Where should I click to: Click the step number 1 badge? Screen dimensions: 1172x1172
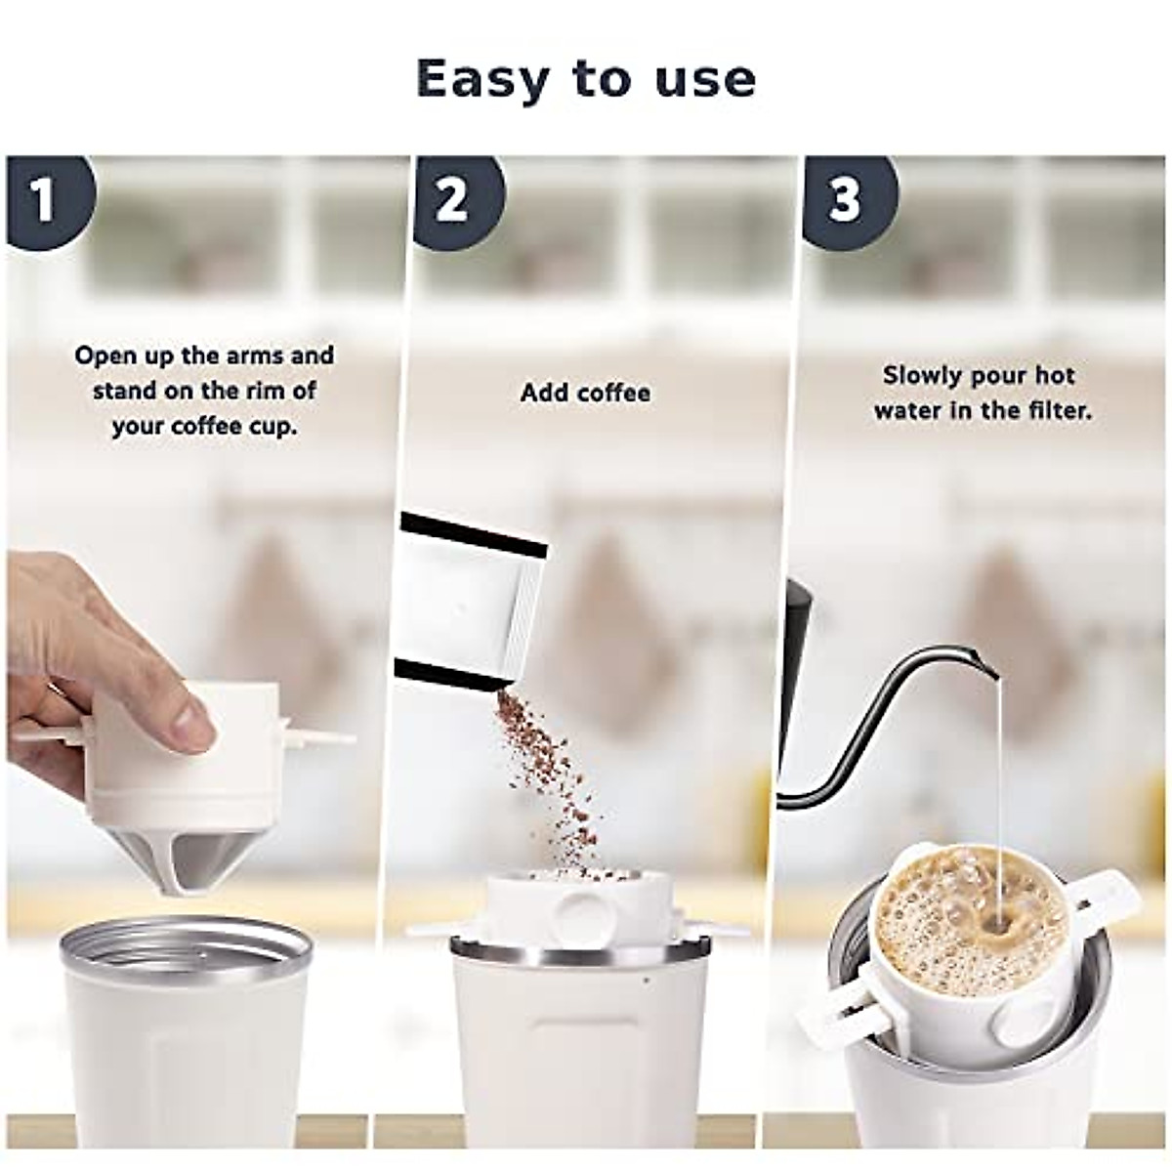coord(44,200)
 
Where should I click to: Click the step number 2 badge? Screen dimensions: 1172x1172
coord(452,200)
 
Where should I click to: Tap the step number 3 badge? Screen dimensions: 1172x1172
coord(845,200)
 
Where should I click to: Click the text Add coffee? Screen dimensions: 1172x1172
coord(585,393)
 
